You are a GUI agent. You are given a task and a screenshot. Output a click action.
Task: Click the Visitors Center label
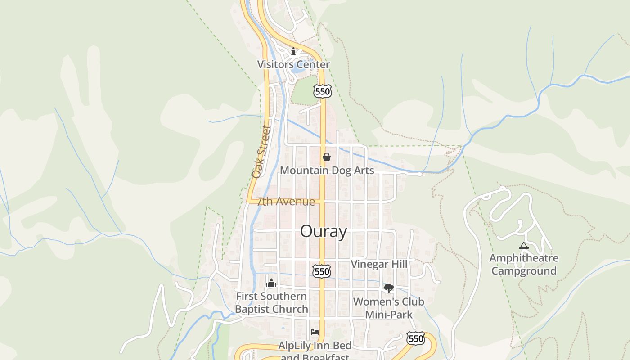point(293,64)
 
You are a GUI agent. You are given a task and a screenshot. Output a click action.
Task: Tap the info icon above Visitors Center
point(293,51)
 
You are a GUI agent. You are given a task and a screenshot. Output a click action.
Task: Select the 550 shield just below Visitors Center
point(323,91)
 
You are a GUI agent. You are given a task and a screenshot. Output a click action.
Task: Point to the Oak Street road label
point(261,152)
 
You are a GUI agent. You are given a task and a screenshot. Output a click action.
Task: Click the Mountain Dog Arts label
point(327,171)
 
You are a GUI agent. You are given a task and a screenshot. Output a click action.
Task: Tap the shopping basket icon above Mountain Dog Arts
point(327,157)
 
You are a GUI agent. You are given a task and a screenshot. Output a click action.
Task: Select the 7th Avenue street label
point(286,201)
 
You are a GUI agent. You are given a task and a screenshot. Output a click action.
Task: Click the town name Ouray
point(324,231)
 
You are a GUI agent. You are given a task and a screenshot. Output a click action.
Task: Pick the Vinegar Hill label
point(379,264)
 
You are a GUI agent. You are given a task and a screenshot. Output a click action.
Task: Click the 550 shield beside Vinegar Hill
point(322,271)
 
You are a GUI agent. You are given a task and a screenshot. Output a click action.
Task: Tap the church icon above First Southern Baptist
point(271,283)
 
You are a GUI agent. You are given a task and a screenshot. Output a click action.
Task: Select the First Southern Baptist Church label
point(271,303)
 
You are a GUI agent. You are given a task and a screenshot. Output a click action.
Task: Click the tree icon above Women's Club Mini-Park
point(388,288)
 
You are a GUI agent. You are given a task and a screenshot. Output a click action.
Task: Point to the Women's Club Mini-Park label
point(389,308)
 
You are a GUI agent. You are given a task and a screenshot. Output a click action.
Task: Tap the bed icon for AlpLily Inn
point(315,332)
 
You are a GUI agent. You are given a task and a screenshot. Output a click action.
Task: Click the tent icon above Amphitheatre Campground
point(523,246)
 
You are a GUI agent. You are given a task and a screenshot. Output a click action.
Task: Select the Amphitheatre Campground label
point(524,265)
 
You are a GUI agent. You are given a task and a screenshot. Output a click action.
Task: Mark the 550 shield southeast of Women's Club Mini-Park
point(415,338)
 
